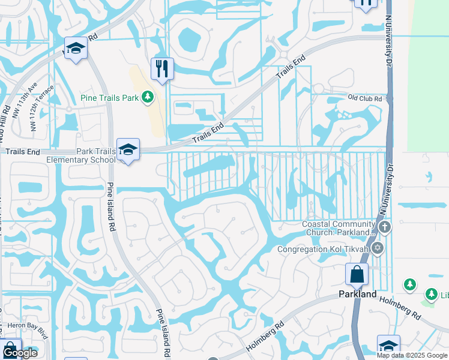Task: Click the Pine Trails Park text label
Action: click(110, 97)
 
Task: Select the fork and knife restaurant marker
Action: click(161, 68)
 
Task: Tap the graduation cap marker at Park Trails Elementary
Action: click(128, 150)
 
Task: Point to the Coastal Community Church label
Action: click(338, 228)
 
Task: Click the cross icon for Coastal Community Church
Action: click(385, 227)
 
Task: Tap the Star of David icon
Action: click(377, 248)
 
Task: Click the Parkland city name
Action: click(357, 294)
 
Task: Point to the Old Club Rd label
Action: click(365, 98)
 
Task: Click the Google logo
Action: click(19, 353)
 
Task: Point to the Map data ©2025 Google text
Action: click(412, 355)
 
